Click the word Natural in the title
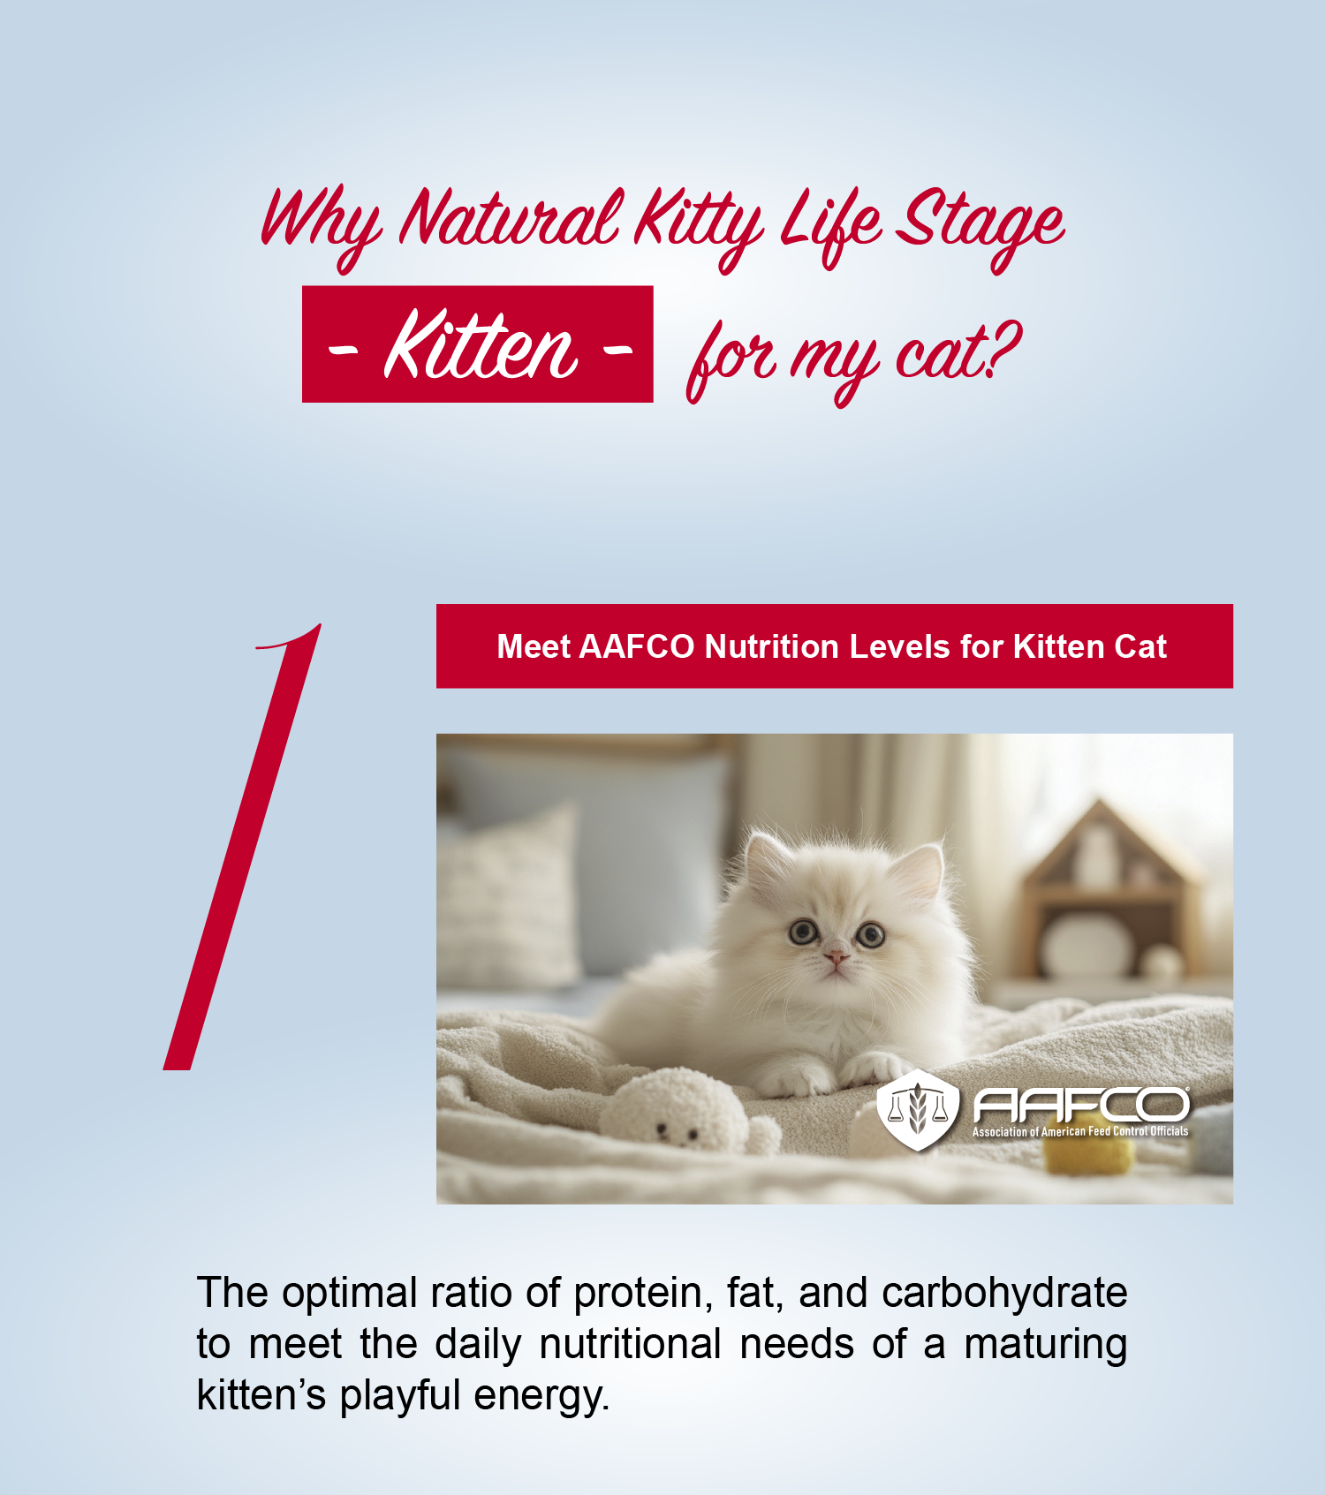point(510,218)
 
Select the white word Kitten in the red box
point(481,345)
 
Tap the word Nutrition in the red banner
point(771,646)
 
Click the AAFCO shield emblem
point(918,1109)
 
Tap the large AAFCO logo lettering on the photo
point(1081,1104)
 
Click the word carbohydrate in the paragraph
point(1004,1294)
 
